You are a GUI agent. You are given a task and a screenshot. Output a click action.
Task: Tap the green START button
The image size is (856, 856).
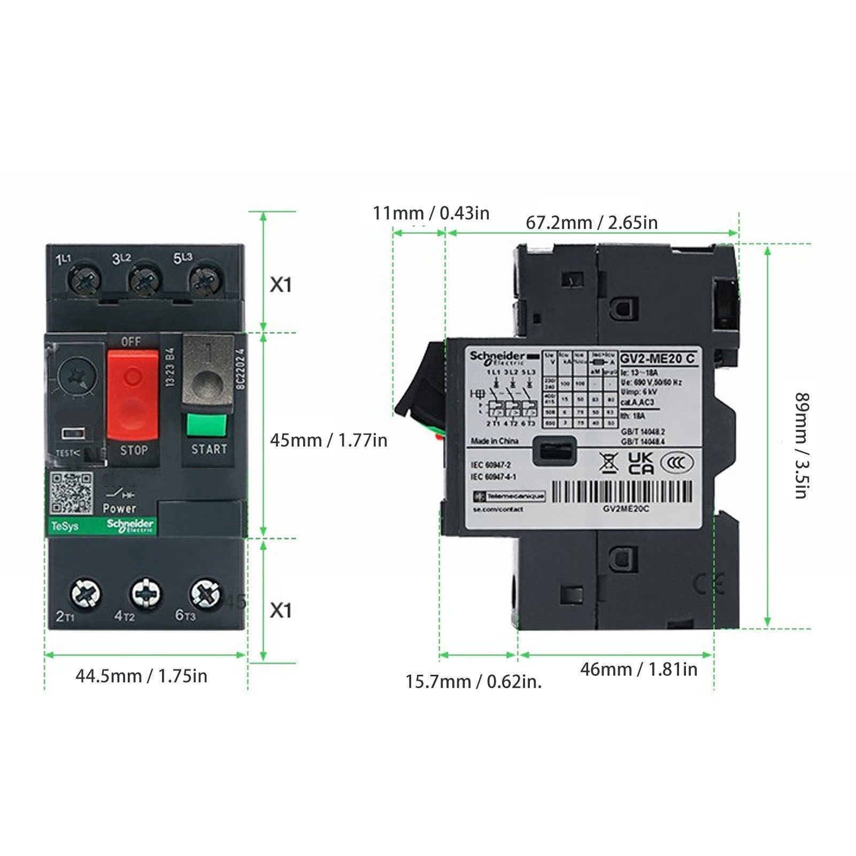pyautogui.click(x=207, y=425)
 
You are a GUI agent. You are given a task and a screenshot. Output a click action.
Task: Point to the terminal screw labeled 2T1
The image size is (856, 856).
pyautogui.click(x=86, y=592)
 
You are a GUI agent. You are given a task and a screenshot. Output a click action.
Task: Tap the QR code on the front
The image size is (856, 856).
pyautogui.click(x=71, y=493)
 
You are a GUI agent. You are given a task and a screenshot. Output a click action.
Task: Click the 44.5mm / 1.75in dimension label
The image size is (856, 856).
pyautogui.click(x=141, y=676)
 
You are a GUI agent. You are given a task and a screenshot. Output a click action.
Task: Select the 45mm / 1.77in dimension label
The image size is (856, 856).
pyautogui.click(x=328, y=441)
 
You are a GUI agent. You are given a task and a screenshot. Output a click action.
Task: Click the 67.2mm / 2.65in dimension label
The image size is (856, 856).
pyautogui.click(x=591, y=222)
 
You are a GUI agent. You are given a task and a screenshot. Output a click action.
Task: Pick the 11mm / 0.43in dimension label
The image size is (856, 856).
pyautogui.click(x=431, y=213)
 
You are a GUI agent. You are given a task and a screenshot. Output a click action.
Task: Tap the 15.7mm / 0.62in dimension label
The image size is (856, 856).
pyautogui.click(x=473, y=682)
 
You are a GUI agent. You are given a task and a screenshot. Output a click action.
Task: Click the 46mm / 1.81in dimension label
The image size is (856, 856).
pyautogui.click(x=638, y=669)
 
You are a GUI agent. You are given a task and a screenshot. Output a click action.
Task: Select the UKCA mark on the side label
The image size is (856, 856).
pyautogui.click(x=641, y=463)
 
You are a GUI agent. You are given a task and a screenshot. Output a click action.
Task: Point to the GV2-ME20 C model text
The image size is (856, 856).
pyautogui.click(x=658, y=358)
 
